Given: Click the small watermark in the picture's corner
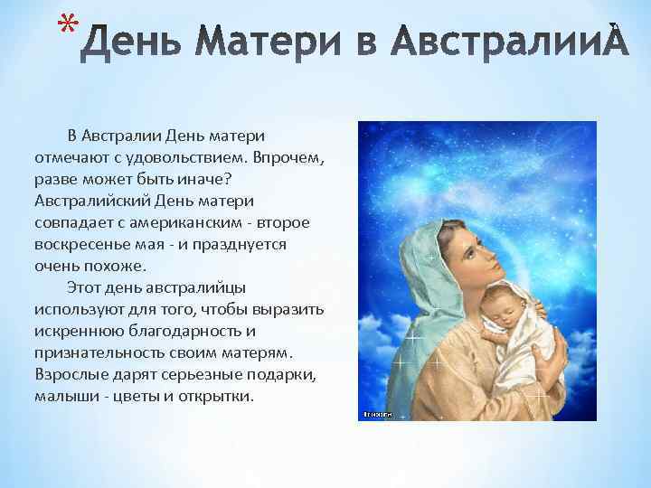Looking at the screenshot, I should [x=376, y=414].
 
